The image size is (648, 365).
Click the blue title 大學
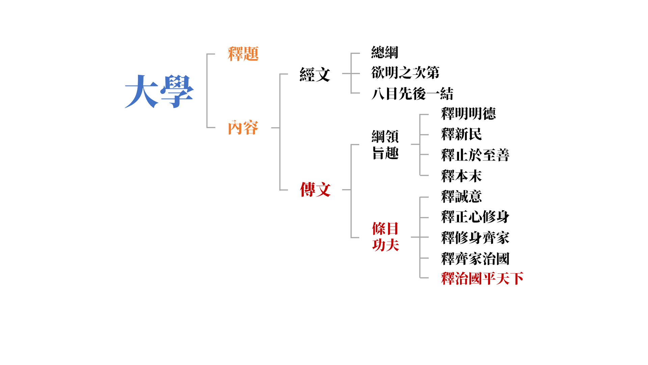(159, 91)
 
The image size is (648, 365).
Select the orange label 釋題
(243, 54)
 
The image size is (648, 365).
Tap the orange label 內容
(243, 127)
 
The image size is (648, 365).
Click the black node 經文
(315, 74)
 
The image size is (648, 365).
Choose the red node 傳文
(315, 190)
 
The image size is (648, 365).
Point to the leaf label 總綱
(385, 52)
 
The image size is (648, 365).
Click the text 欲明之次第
(405, 73)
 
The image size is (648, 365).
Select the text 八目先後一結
(412, 94)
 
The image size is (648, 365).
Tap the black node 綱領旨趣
(385, 145)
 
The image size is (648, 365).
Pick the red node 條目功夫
(385, 237)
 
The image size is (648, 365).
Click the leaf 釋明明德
(468, 114)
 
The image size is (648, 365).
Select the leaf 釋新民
(461, 134)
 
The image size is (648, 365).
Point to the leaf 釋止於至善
(475, 155)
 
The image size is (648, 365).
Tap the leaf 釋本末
(461, 176)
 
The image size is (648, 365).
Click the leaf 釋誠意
(461, 196)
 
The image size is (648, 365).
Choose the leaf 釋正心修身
(475, 217)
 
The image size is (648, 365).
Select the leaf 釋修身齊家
(475, 238)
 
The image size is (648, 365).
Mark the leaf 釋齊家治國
(475, 259)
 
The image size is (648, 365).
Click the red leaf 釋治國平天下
(482, 278)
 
